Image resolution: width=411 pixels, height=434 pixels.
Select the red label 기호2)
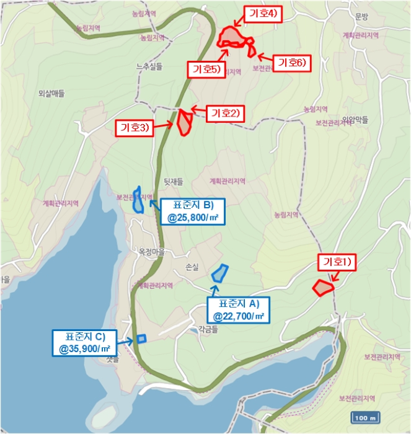[226, 113]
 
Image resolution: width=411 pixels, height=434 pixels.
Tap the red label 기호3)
[135, 128]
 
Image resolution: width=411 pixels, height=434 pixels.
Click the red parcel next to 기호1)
[322, 288]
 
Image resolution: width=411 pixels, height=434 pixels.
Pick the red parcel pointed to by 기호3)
[184, 122]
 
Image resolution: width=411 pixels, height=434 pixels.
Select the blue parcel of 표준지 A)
[219, 273]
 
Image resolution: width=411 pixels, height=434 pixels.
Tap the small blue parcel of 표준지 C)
[141, 339]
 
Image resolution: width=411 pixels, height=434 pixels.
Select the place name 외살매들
[51, 94]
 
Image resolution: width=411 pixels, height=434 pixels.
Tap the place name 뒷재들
[174, 182]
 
